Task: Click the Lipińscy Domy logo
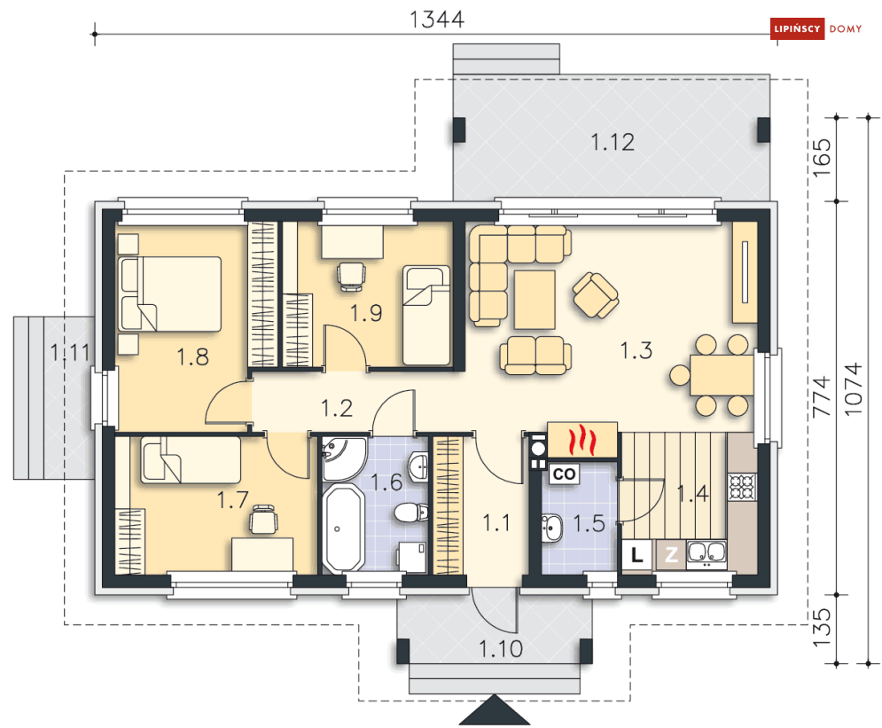pos(816,28)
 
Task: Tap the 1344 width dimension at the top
pos(436,20)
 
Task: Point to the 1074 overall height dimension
pos(854,388)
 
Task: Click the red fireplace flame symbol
pos(582,440)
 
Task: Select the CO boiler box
pos(564,474)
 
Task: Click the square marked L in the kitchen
pos(636,555)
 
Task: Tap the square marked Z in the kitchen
pos(671,555)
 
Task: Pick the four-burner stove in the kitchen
pos(741,487)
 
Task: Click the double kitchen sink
pos(706,554)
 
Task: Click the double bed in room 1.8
pos(170,294)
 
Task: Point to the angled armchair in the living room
pos(596,294)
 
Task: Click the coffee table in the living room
pos(535,300)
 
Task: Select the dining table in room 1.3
pos(722,374)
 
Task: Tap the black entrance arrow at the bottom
pos(495,710)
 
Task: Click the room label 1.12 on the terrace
pos(613,142)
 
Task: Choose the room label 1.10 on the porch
pos(501,649)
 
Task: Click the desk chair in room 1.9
pos(352,277)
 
